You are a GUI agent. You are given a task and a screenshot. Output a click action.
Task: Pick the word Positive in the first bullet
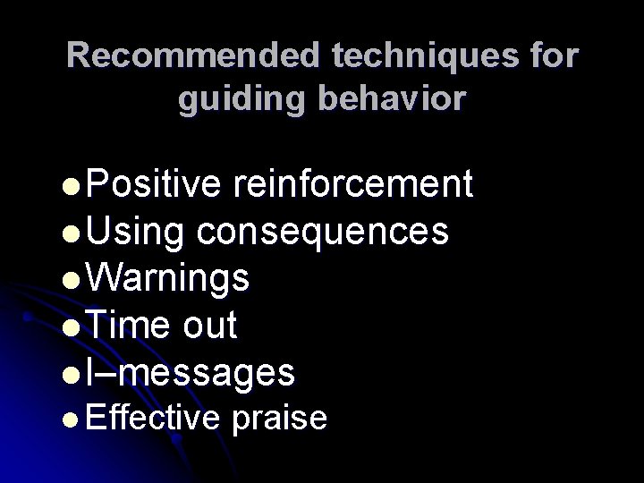[x=155, y=184]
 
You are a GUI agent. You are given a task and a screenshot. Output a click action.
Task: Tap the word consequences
[x=323, y=233]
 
